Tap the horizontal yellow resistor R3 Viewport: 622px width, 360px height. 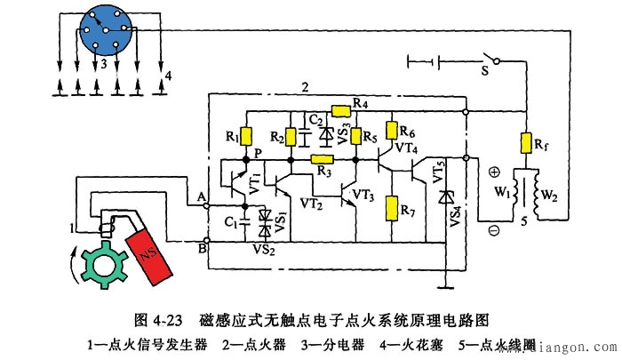pos(321,159)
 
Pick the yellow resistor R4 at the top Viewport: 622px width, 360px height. pos(341,111)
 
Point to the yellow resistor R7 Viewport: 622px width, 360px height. pos(391,209)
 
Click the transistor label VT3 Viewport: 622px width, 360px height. pos(363,195)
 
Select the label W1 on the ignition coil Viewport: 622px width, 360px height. pos(501,190)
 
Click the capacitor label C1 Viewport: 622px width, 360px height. pos(229,221)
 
